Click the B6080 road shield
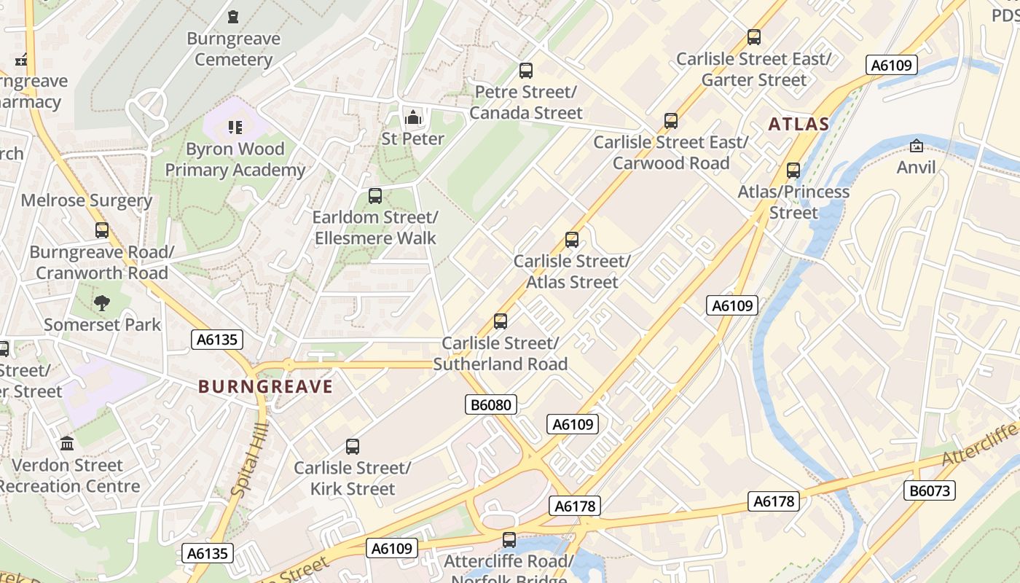[491, 404]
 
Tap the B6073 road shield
[930, 490]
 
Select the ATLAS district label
[799, 125]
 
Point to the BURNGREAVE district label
[265, 387]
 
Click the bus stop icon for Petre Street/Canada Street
[526, 71]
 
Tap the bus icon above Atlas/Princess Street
[793, 171]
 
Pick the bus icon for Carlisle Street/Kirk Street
[353, 446]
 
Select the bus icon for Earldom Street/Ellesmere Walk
[375, 195]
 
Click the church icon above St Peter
[413, 117]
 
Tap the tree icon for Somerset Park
[102, 302]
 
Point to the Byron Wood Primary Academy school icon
[235, 128]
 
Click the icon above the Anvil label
[917, 146]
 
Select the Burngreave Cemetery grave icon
[233, 16]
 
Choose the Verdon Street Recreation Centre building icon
[68, 443]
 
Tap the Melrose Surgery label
[87, 200]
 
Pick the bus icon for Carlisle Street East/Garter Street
[754, 36]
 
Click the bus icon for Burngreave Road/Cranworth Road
[102, 230]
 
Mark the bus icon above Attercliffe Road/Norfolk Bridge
[509, 540]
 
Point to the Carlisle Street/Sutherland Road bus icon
[501, 321]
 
